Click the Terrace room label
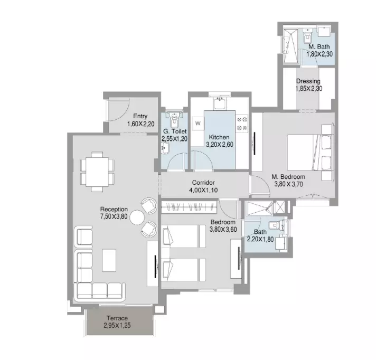(117, 318)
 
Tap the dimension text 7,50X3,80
(114, 216)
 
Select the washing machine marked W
(198, 124)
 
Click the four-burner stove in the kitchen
(242, 124)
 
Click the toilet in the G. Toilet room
(174, 119)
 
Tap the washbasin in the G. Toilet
(165, 147)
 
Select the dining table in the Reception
(97, 172)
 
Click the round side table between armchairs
(137, 217)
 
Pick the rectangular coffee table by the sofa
(109, 260)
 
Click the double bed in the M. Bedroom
(310, 152)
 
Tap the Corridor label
(203, 183)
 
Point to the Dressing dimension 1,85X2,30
(308, 89)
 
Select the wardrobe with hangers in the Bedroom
(189, 207)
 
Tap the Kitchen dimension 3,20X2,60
(220, 145)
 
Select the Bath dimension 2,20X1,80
(260, 239)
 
